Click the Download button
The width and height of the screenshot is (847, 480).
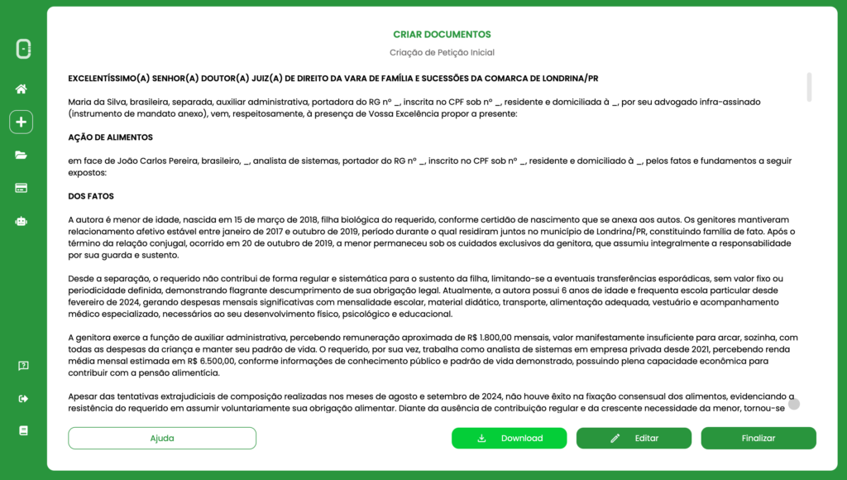[509, 438]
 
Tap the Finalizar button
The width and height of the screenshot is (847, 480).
[758, 438]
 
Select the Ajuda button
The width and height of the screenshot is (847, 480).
[162, 438]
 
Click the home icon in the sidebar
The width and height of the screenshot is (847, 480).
[22, 89]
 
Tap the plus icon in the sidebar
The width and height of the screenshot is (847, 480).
[22, 122]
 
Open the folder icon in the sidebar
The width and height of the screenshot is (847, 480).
[22, 155]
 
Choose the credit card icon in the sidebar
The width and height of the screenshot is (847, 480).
[22, 188]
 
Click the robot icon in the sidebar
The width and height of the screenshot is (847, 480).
[22, 221]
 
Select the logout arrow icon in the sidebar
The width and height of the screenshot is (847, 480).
[22, 398]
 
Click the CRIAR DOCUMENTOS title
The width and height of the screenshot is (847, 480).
[442, 35]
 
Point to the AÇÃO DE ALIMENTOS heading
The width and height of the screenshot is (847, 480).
[110, 137]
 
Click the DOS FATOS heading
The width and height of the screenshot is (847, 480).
[91, 196]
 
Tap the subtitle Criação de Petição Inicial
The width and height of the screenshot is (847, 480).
[442, 52]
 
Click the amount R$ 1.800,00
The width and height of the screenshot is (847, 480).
[490, 338]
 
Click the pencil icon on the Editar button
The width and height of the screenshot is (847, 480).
[615, 439]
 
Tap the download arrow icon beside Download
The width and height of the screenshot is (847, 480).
[481, 439]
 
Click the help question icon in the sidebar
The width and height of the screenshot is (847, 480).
[23, 366]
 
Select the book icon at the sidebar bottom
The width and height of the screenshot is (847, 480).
[23, 430]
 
